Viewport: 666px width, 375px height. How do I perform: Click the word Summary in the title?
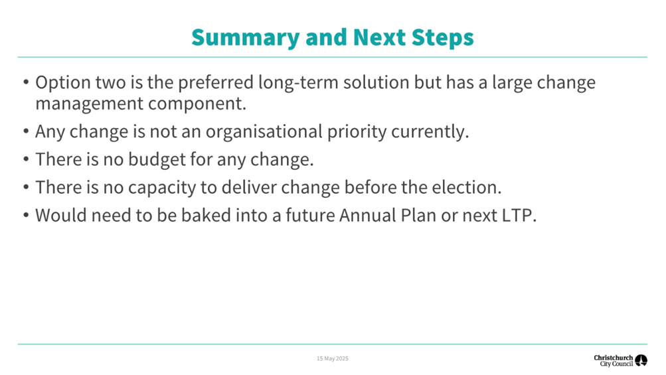click(x=246, y=38)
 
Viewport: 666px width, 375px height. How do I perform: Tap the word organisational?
click(x=264, y=131)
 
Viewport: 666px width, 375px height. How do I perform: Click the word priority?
click(x=357, y=132)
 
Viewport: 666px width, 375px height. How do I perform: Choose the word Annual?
click(x=367, y=215)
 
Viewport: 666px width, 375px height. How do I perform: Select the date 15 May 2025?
click(x=333, y=358)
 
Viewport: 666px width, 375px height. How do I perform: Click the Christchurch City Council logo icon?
click(x=641, y=360)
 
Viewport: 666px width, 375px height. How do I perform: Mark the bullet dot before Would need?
click(x=26, y=215)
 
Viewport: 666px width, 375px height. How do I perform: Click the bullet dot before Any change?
click(x=26, y=131)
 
